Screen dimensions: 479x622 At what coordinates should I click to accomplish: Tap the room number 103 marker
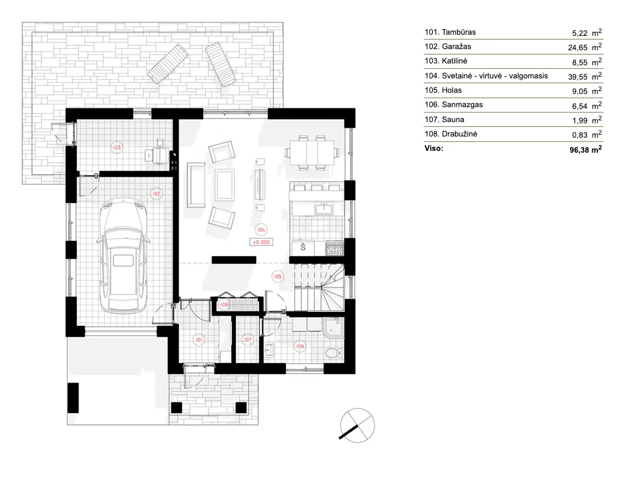[117, 147]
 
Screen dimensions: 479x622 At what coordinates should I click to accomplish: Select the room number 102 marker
[155, 193]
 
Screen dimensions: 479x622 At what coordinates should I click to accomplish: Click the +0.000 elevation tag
[261, 242]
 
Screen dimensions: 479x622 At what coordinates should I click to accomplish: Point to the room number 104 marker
[260, 229]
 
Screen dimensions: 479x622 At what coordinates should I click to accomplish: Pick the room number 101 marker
[198, 339]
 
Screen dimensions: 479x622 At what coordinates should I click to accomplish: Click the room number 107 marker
[247, 339]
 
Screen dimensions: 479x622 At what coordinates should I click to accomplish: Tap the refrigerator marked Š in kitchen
[303, 247]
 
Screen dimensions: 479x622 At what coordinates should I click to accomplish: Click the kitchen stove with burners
[334, 247]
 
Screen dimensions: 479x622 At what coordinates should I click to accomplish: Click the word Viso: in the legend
[433, 148]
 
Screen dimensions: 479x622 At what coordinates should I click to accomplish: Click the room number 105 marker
[277, 277]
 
